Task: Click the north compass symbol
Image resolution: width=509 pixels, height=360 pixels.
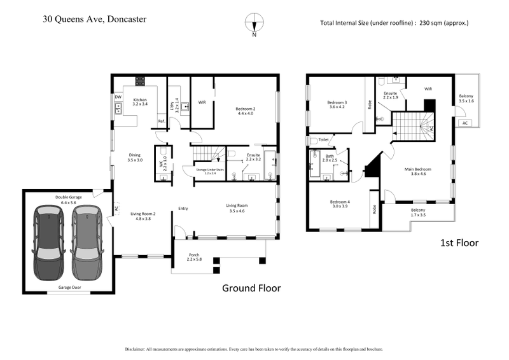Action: pyautogui.click(x=254, y=22)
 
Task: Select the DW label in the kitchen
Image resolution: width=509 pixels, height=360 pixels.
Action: pyautogui.click(x=118, y=97)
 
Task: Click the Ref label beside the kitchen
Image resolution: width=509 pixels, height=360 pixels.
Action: pyautogui.click(x=161, y=121)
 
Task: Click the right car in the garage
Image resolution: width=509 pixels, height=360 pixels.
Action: pyautogui.click(x=87, y=242)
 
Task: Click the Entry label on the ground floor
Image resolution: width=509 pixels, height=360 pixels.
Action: pyautogui.click(x=183, y=208)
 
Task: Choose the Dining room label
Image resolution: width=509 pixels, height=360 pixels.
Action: pyautogui.click(x=134, y=155)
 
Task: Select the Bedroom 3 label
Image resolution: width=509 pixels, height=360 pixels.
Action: pyautogui.click(x=337, y=104)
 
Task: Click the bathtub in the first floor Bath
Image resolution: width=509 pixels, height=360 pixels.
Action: pyautogui.click(x=315, y=165)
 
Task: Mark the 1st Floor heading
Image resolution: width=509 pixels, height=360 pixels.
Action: pyautogui.click(x=459, y=242)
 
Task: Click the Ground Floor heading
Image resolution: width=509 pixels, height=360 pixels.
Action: pyautogui.click(x=251, y=287)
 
